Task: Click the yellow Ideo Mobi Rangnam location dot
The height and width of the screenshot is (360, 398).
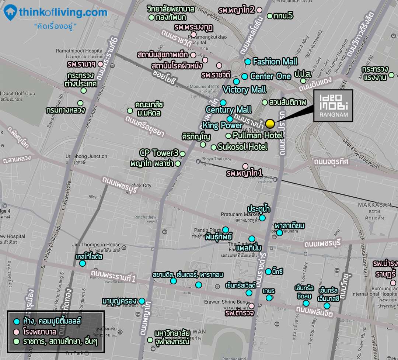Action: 270,123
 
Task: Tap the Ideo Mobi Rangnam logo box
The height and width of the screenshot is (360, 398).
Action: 333,105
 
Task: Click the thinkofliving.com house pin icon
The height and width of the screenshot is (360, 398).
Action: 10,13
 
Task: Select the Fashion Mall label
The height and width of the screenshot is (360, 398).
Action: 275,62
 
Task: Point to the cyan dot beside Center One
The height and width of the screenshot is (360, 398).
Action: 244,76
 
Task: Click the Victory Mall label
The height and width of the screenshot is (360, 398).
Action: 244,90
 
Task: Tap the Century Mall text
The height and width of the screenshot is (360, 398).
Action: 228,110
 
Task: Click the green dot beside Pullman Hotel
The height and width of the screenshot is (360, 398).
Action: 228,136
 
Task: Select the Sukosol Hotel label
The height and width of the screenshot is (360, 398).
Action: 242,147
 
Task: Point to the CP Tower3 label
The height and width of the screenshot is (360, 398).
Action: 159,153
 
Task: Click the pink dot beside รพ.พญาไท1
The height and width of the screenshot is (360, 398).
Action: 245,166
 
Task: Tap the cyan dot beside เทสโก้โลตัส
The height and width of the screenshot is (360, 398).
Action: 83,263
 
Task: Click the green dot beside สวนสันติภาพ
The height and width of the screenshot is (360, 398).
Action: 265,102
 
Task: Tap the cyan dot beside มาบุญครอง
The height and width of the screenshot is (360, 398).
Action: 142,301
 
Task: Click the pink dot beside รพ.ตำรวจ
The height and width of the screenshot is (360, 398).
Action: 251,306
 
